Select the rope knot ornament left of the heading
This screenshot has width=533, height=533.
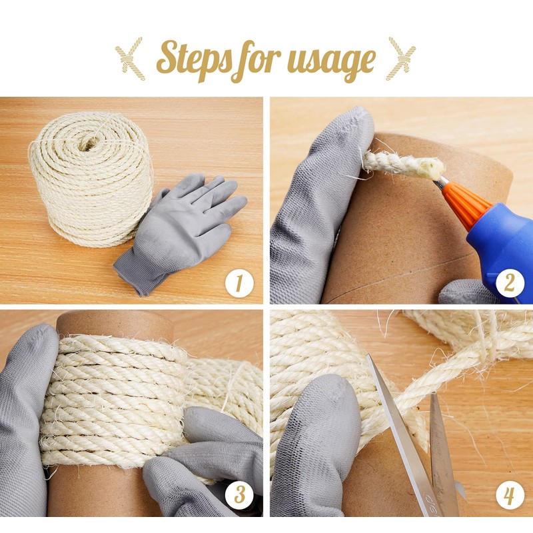131,59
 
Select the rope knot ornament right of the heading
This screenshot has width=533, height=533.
401,59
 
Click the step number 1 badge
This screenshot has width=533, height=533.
239,284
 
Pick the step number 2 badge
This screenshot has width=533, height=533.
509,282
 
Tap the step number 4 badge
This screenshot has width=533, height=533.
509,495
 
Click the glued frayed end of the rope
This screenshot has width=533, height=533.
431,169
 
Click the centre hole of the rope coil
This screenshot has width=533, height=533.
89,143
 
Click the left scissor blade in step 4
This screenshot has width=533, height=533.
401,432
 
